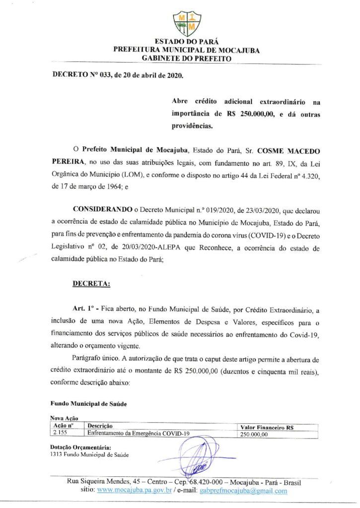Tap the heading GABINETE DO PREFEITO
[x=187, y=58]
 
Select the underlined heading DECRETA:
[x=92, y=283]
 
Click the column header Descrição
[x=100, y=426]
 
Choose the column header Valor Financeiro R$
[x=267, y=427]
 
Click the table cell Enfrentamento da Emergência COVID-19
[x=139, y=433]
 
